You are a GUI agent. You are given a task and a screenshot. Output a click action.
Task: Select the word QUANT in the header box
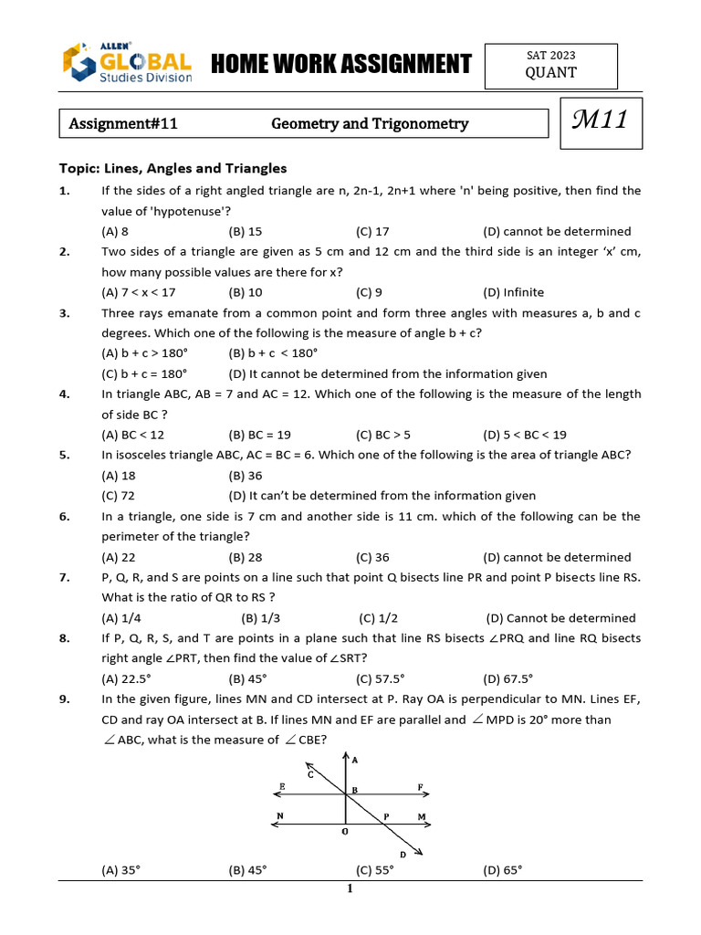click(550, 73)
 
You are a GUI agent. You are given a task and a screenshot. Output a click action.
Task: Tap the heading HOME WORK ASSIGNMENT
click(340, 64)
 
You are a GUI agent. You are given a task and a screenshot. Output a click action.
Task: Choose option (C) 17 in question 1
click(372, 232)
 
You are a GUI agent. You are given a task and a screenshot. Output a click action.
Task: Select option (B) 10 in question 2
click(246, 293)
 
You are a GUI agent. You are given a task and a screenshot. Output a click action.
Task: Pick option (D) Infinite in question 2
click(513, 293)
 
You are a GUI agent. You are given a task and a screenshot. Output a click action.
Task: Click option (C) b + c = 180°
click(143, 373)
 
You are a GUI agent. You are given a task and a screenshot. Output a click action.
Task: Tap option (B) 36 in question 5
click(246, 476)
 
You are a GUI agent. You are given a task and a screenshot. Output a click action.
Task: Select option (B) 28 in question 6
click(246, 557)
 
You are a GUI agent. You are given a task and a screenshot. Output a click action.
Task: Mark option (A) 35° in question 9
click(121, 870)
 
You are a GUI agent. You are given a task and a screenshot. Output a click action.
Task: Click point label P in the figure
click(387, 816)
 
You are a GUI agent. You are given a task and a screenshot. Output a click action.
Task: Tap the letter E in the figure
click(282, 786)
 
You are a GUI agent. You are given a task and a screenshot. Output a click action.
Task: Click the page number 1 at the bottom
click(350, 890)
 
